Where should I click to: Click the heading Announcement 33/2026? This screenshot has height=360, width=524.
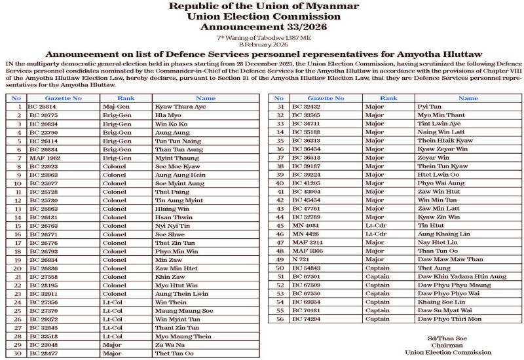(262, 27)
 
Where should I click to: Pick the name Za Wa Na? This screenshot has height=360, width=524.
(168, 344)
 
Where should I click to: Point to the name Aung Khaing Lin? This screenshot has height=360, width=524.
(443, 234)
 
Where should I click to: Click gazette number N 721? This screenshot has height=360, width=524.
(301, 259)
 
